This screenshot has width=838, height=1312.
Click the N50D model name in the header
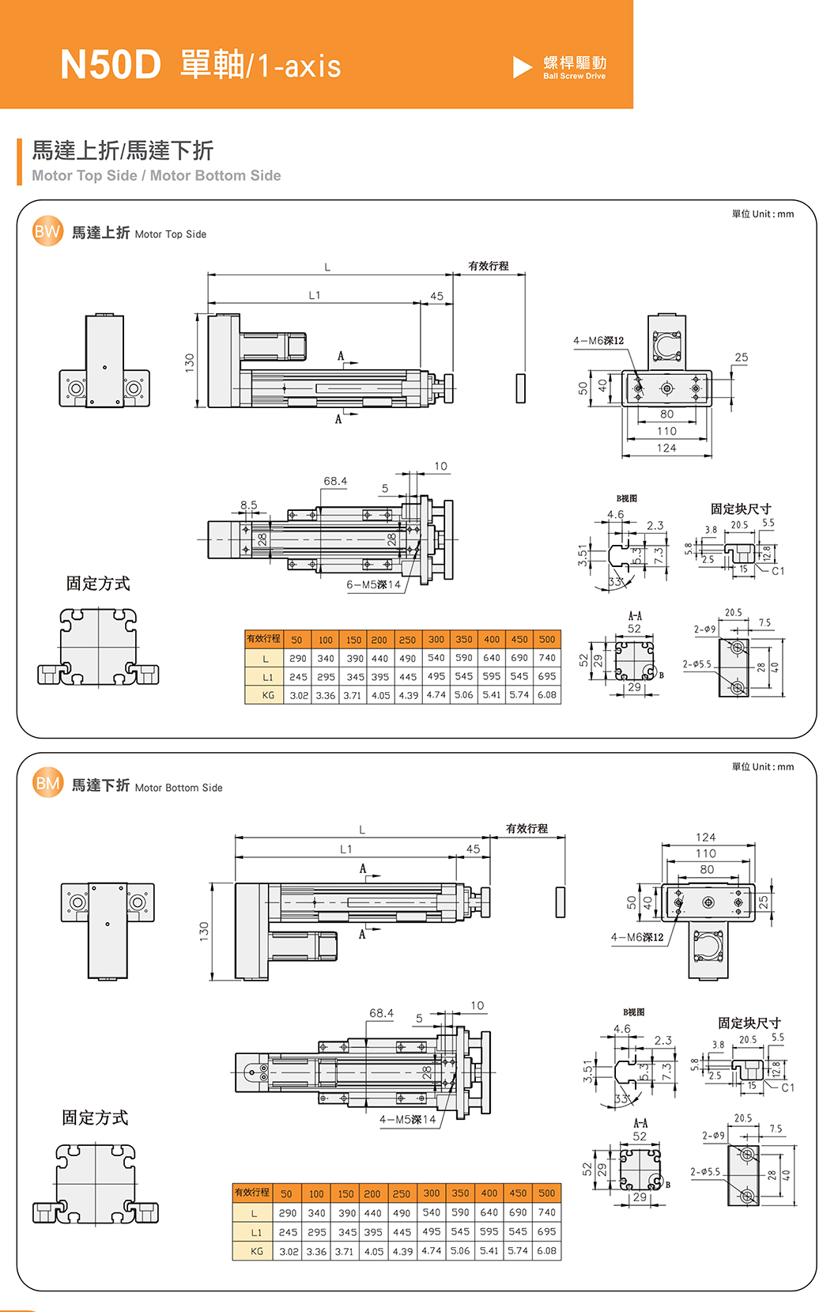111,65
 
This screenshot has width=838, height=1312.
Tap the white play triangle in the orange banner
522,67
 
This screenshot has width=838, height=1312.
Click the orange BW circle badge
47,232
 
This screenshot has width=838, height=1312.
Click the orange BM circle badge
47,784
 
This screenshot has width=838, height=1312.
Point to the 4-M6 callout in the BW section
598,341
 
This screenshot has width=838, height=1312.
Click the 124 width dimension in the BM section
706,837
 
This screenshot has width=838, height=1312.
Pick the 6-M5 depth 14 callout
373,584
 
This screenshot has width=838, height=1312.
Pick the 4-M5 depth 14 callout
407,1119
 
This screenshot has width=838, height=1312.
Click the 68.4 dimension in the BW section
335,481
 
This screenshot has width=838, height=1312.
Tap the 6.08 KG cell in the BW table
547,695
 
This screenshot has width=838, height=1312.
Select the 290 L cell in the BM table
288,1212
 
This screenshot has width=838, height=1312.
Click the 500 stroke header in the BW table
547,639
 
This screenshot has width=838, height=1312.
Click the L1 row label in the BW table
268,677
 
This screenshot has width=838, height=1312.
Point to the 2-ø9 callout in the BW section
704,630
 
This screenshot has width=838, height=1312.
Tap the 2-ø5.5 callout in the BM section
705,1171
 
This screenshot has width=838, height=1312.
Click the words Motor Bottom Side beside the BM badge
179,788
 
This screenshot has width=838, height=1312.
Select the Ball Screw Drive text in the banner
575,77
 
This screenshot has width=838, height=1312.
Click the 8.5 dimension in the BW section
249,505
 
